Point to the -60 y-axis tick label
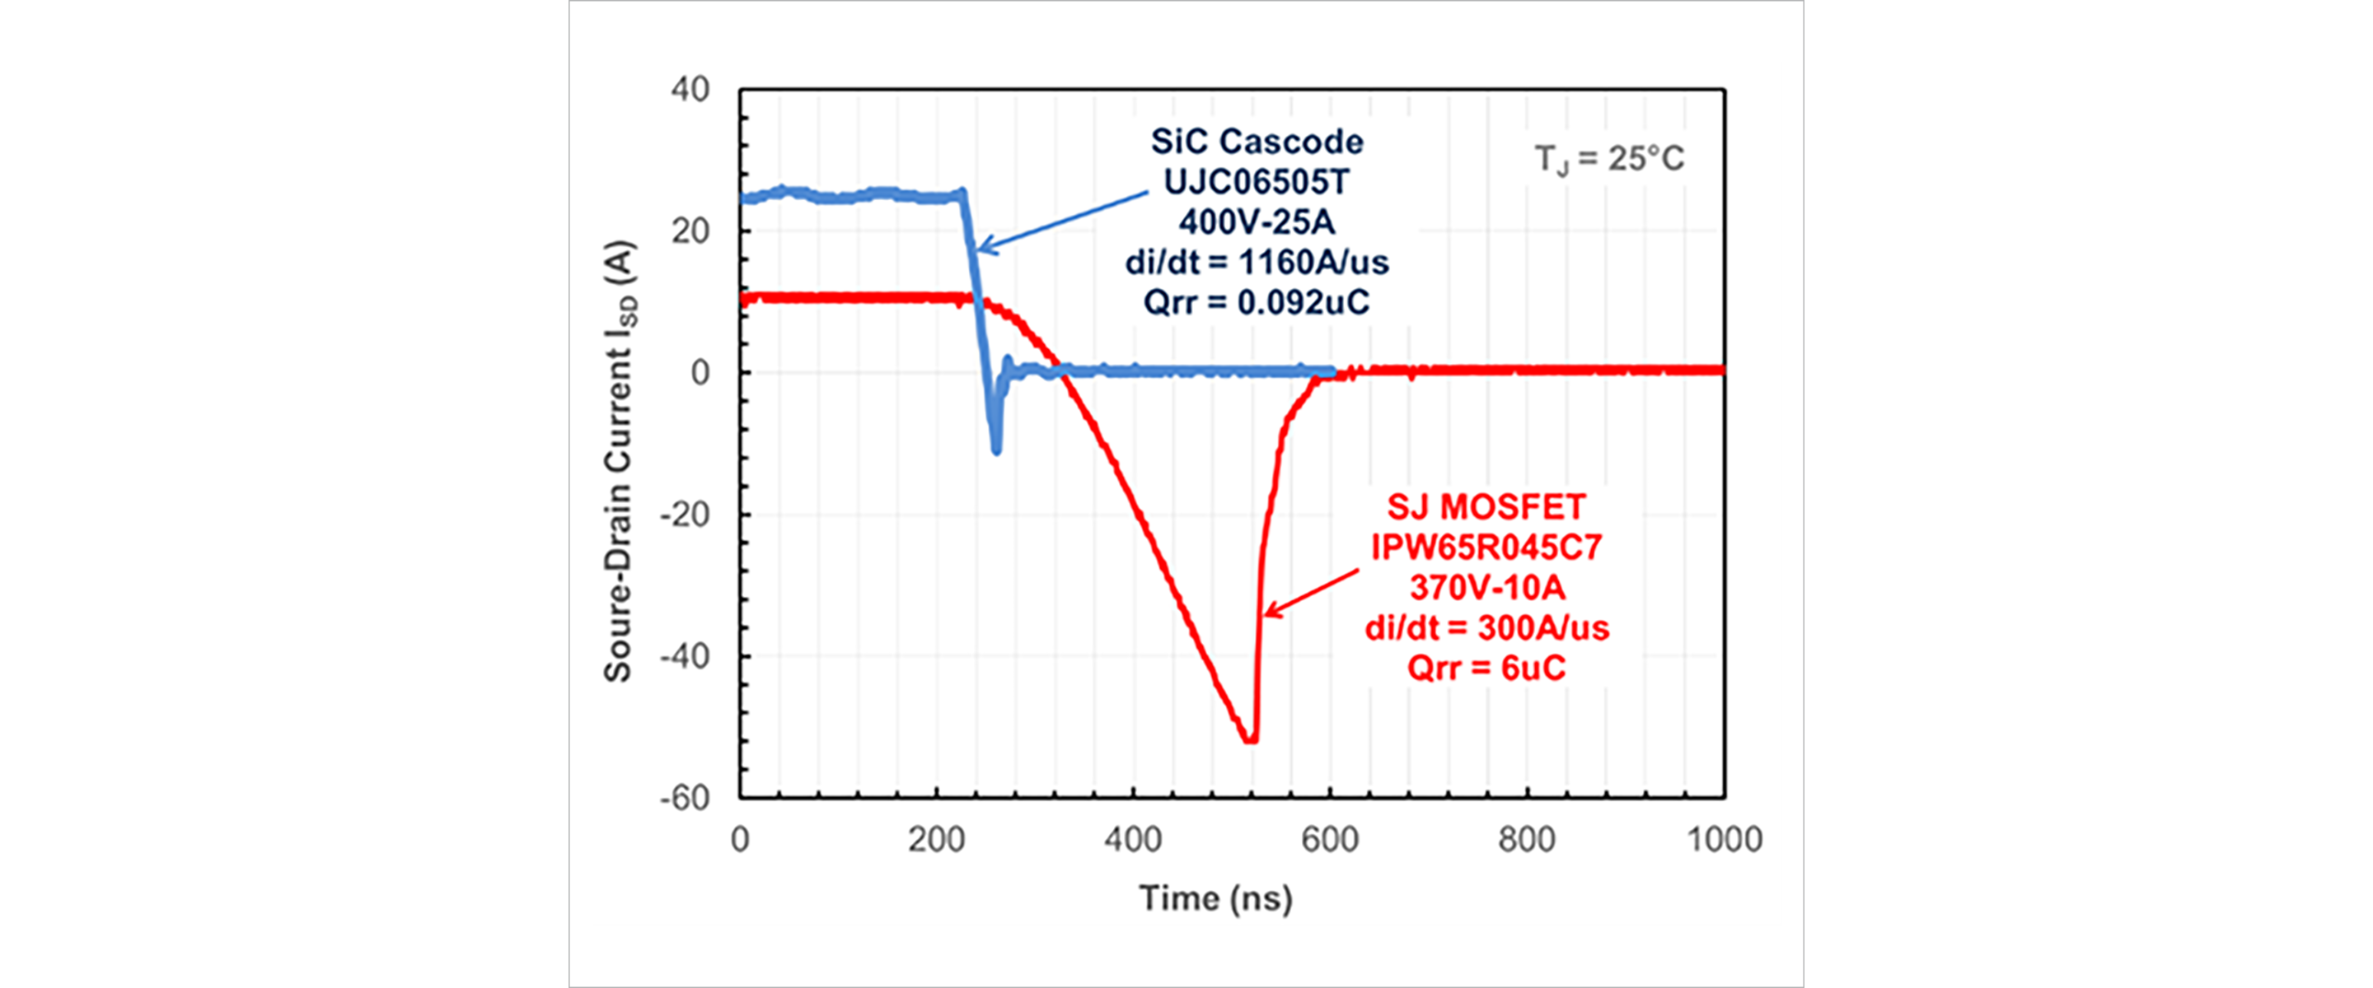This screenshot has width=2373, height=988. click(x=685, y=797)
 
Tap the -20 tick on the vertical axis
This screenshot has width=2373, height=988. click(x=685, y=515)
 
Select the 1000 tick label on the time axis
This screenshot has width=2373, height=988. click(x=1724, y=840)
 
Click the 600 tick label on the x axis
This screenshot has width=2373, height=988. click(x=1329, y=840)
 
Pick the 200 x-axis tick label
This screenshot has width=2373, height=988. click(x=936, y=840)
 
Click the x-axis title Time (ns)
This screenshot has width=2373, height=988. click(x=1216, y=897)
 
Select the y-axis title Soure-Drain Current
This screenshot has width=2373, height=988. click(x=619, y=460)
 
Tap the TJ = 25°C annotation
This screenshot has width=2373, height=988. click(x=1608, y=159)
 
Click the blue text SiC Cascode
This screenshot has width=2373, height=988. click(x=1257, y=142)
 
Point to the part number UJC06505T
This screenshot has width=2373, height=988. click(x=1257, y=182)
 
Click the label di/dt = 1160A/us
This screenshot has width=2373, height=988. click(x=1257, y=263)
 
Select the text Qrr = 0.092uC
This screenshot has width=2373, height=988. click(x=1257, y=302)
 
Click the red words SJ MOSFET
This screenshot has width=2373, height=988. click(x=1486, y=507)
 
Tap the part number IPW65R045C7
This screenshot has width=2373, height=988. click(x=1486, y=548)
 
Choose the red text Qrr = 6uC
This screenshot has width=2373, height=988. click(x=1486, y=668)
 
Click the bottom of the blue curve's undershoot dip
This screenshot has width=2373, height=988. click(x=996, y=450)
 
